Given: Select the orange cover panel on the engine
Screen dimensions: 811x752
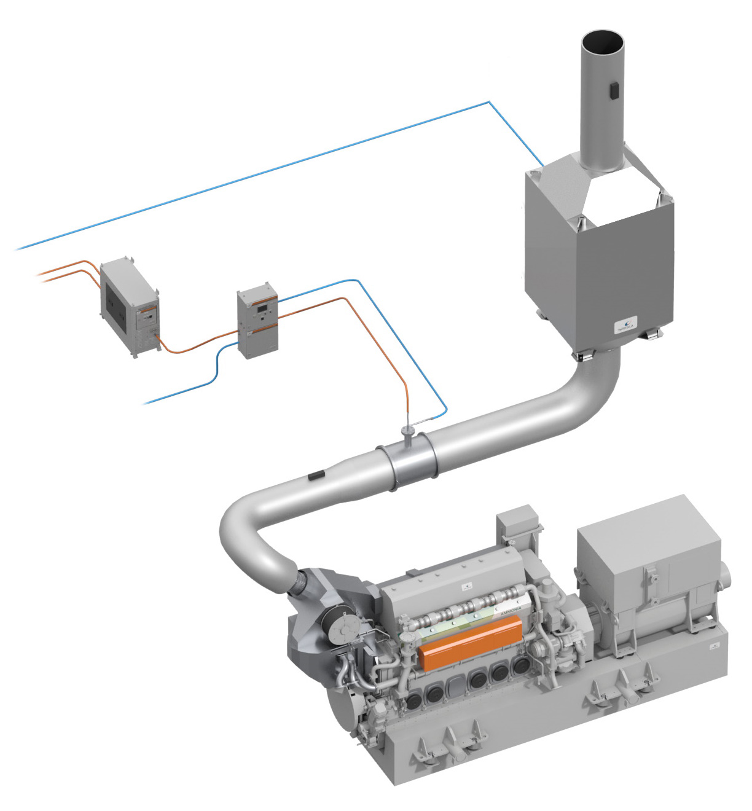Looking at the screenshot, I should [470, 642].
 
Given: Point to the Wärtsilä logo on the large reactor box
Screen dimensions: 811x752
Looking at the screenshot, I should [627, 324].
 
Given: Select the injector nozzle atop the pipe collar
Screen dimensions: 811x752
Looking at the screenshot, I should [406, 431].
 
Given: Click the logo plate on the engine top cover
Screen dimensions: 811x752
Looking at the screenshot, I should [465, 587].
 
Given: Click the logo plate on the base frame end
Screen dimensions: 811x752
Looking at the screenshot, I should [715, 647].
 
